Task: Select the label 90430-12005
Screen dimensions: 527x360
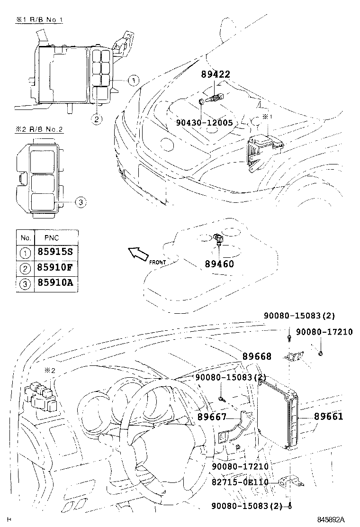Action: [x=204, y=123]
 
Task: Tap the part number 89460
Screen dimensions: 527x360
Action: [x=219, y=264]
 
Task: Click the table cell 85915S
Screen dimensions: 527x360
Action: [x=55, y=251]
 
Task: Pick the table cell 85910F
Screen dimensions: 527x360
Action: [x=55, y=267]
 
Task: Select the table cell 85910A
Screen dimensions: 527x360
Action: [x=55, y=283]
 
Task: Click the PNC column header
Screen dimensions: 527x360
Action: [x=52, y=237]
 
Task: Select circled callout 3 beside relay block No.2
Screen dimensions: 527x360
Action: [x=81, y=202]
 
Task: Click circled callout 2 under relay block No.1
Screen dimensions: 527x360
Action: [x=96, y=119]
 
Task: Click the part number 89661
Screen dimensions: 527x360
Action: [x=328, y=417]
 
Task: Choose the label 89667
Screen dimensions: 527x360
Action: [x=212, y=417]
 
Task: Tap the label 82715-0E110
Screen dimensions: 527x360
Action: [x=241, y=482]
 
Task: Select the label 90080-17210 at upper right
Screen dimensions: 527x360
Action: [x=324, y=332]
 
